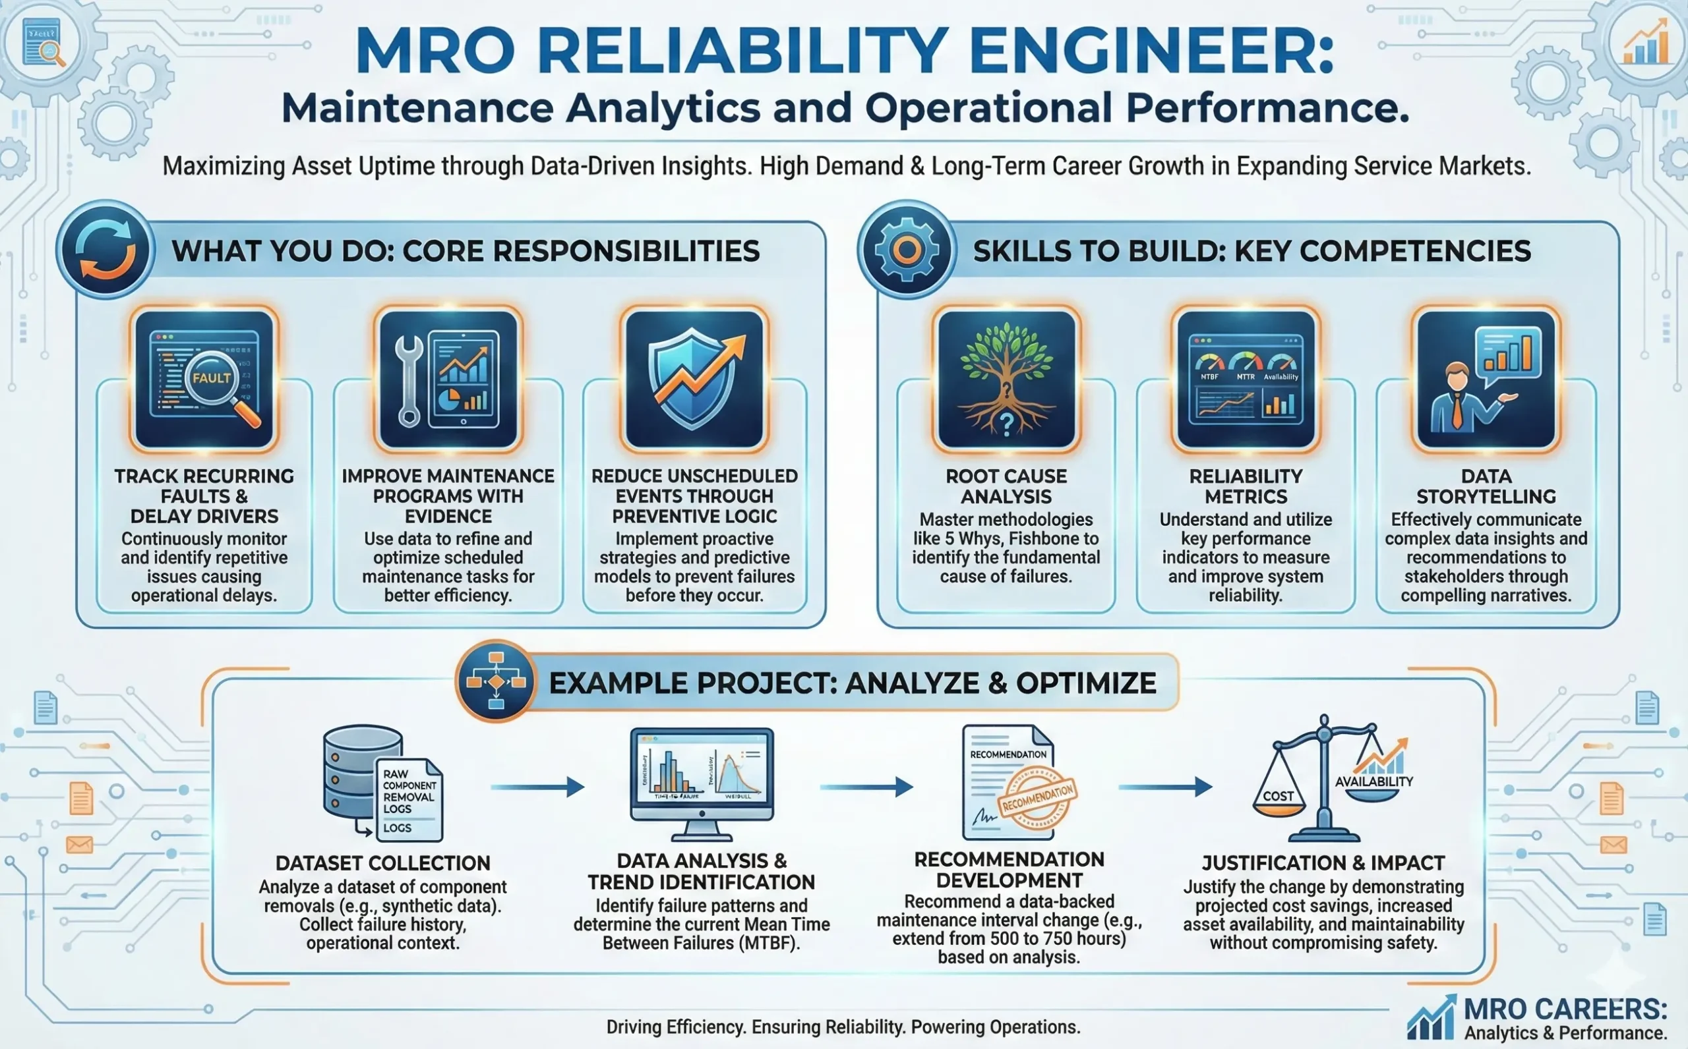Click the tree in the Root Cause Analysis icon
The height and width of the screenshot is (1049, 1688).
pos(1006,375)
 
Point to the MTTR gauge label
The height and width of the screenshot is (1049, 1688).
pos(1245,377)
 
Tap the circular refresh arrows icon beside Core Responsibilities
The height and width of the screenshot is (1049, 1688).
pos(105,250)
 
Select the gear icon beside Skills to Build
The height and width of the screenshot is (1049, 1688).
pos(907,250)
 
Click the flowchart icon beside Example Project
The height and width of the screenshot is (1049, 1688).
pos(496,682)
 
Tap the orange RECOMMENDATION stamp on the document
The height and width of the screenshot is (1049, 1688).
pos(1037,798)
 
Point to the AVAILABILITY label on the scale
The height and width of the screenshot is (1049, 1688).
pos(1373,782)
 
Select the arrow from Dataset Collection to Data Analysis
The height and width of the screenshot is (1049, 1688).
pos(537,787)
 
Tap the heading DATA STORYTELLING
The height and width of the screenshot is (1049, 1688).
pos(1486,486)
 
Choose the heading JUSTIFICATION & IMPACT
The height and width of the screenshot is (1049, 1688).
pos(1323,863)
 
